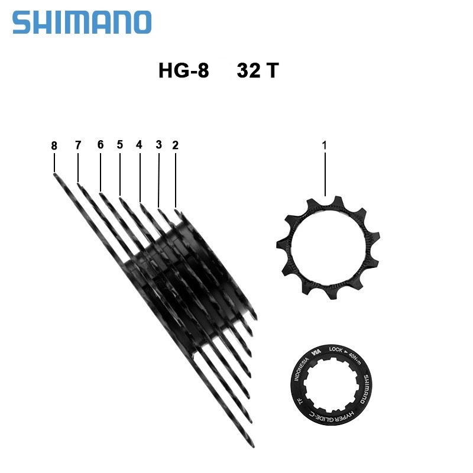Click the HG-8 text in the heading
click(x=183, y=71)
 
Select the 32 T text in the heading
click(x=257, y=71)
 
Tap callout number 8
click(x=54, y=145)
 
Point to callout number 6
click(x=100, y=145)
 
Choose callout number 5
click(x=119, y=145)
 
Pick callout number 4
click(x=139, y=145)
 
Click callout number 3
click(x=158, y=145)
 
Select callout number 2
click(x=175, y=145)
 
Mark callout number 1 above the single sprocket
click(x=325, y=145)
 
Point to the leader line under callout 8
click(x=54, y=163)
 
